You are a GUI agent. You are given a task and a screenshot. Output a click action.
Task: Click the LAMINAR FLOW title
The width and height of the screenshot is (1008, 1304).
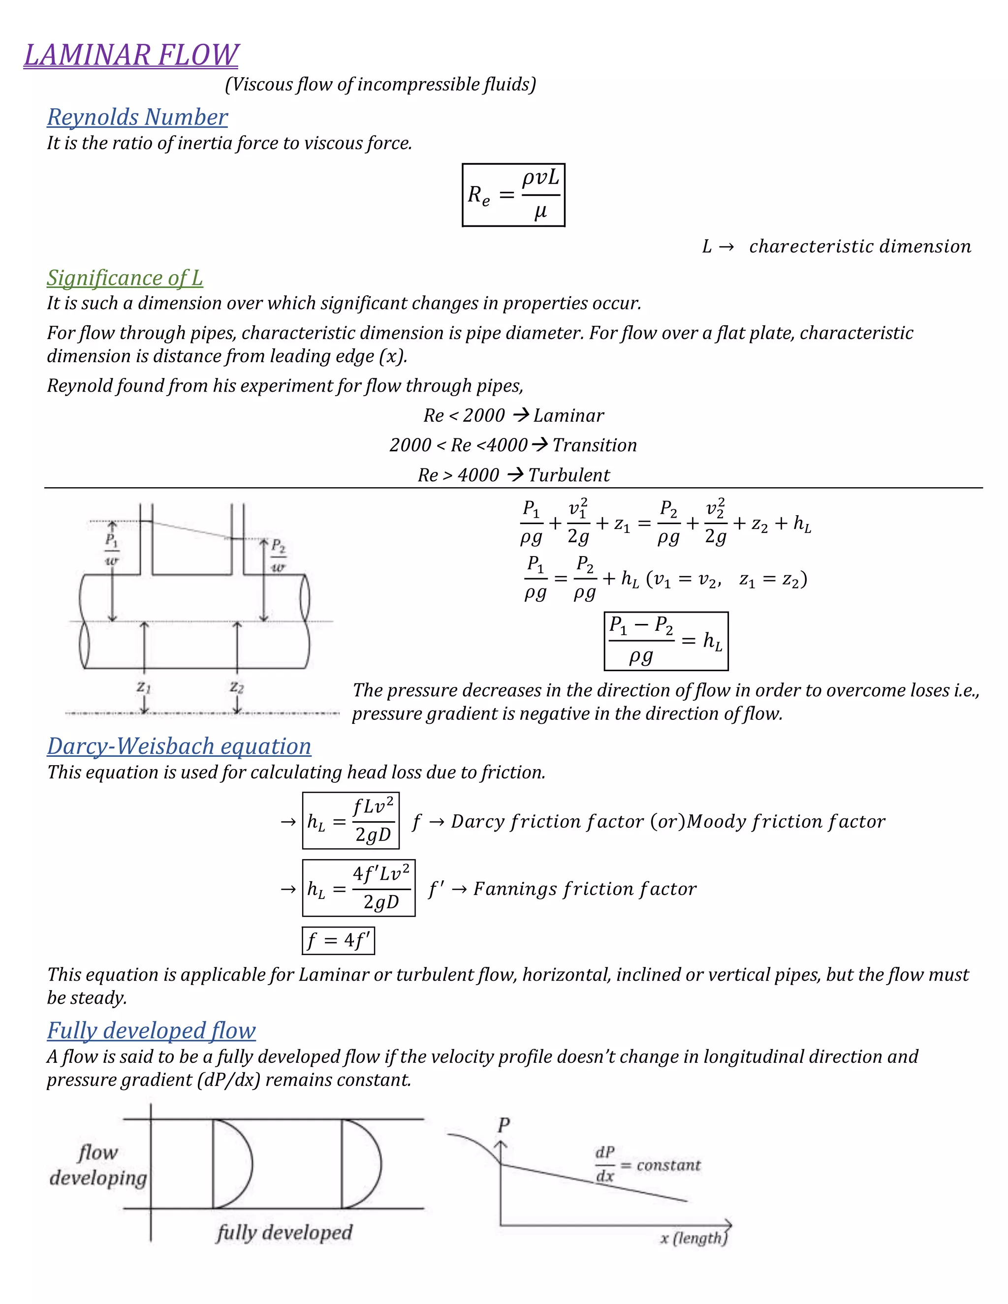click(131, 55)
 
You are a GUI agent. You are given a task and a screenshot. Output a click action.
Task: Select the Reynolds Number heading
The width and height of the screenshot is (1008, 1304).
click(137, 117)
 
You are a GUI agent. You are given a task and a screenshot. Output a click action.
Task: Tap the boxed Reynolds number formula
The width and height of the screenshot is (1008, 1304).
click(513, 195)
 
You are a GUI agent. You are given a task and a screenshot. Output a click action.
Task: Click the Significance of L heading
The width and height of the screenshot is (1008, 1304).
click(125, 278)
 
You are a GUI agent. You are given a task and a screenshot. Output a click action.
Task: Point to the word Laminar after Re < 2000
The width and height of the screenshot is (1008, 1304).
click(568, 416)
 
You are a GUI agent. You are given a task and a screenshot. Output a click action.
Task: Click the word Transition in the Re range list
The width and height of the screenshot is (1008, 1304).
click(595, 445)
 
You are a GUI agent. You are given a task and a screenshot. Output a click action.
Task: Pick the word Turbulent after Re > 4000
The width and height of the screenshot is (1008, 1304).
click(569, 475)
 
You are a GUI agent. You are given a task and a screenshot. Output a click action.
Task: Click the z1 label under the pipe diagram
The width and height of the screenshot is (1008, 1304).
click(144, 687)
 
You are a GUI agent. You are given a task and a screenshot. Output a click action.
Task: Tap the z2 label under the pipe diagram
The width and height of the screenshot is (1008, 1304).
click(237, 687)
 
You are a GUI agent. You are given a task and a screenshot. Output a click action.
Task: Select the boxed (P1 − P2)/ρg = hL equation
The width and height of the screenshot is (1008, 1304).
click(666, 641)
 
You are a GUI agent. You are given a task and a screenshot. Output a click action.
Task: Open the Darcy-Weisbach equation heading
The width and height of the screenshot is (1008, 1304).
click(179, 746)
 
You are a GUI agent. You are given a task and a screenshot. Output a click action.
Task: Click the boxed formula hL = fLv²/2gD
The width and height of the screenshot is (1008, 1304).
click(350, 821)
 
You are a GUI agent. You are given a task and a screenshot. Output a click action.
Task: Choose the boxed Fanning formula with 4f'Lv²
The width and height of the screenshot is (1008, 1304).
click(358, 888)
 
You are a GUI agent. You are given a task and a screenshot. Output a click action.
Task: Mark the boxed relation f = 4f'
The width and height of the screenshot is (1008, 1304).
click(338, 941)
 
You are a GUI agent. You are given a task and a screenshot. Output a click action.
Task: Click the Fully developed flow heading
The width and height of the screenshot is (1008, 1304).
click(151, 1030)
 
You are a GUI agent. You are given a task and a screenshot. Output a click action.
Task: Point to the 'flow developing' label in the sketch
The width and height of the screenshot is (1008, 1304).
click(98, 1165)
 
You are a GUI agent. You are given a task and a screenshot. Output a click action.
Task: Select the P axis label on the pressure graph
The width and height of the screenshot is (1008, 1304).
click(504, 1125)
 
